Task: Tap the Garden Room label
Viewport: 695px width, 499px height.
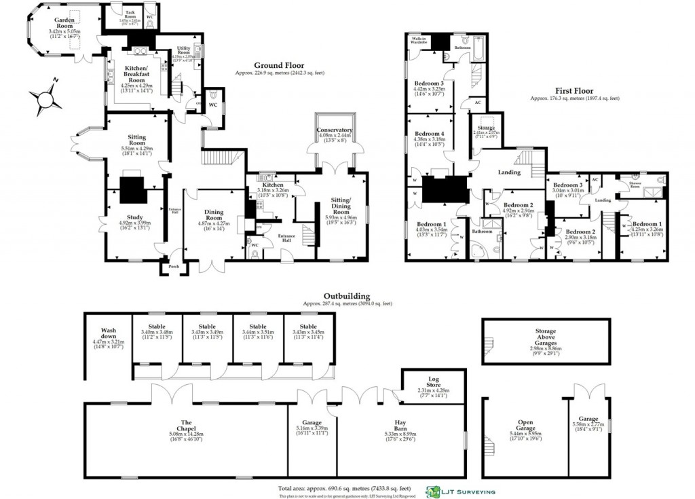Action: [x=64, y=24]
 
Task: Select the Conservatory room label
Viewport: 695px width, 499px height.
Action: [x=334, y=130]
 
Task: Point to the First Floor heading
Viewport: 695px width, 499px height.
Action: [x=574, y=91]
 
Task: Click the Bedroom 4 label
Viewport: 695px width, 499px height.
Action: [x=429, y=134]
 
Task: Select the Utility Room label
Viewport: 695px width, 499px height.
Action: [x=183, y=49]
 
